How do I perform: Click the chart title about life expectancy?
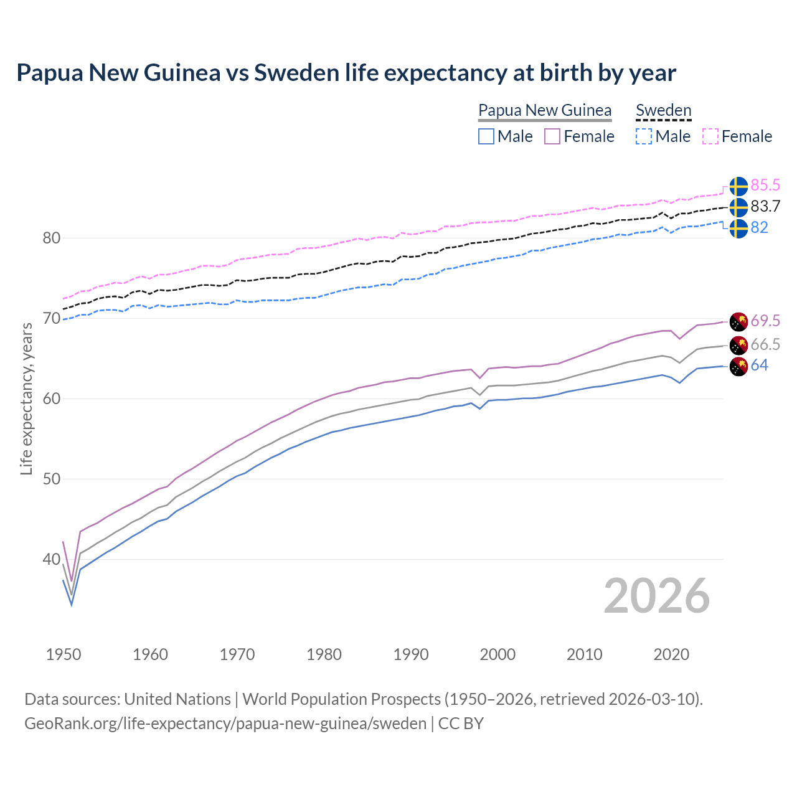(x=346, y=73)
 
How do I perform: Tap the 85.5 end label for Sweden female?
(x=765, y=185)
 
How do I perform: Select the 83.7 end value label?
(x=765, y=206)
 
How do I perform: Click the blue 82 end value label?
(x=759, y=227)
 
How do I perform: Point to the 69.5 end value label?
(x=765, y=321)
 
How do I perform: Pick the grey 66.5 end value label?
(x=765, y=344)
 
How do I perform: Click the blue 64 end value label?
(x=759, y=365)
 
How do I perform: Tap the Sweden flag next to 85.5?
(x=738, y=186)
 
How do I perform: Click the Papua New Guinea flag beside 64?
(x=738, y=367)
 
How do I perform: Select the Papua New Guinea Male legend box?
(x=486, y=136)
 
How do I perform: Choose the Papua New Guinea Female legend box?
(x=552, y=136)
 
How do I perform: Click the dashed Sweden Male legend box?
(x=644, y=136)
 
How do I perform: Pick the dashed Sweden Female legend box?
(x=710, y=136)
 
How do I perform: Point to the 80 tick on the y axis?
(x=52, y=238)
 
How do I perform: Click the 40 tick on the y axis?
(x=52, y=559)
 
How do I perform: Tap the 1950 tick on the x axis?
(x=64, y=654)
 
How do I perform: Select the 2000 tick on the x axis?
(x=498, y=654)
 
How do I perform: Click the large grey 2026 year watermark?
(x=657, y=596)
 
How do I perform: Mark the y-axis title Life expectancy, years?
(x=26, y=398)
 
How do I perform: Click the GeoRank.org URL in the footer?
(x=225, y=724)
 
